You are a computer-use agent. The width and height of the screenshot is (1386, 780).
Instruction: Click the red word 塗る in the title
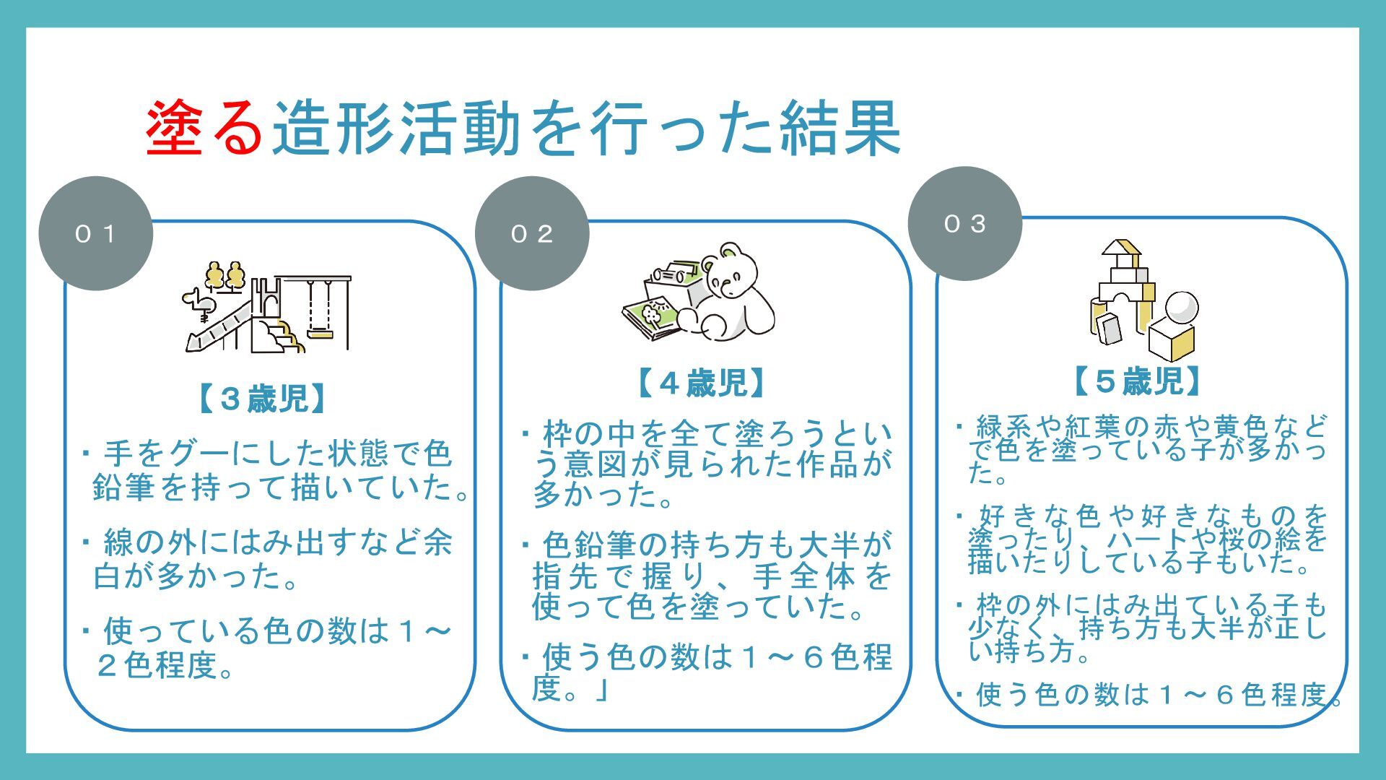(x=204, y=129)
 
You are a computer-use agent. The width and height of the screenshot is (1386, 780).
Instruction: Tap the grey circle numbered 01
(x=95, y=233)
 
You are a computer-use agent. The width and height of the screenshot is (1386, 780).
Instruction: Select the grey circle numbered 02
(x=532, y=233)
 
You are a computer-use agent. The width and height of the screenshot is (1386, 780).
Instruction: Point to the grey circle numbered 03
(x=964, y=224)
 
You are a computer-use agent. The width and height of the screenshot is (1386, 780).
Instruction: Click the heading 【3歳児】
(x=263, y=399)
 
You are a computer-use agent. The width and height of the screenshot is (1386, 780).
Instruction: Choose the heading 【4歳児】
(x=700, y=383)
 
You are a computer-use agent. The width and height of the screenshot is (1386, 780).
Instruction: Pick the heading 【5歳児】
(x=1137, y=381)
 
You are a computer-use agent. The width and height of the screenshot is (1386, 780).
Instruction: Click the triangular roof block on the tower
(x=1120, y=249)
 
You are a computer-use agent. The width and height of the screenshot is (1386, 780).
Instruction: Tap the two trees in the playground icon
(x=225, y=276)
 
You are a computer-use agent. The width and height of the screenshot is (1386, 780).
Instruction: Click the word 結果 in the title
(x=840, y=129)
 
